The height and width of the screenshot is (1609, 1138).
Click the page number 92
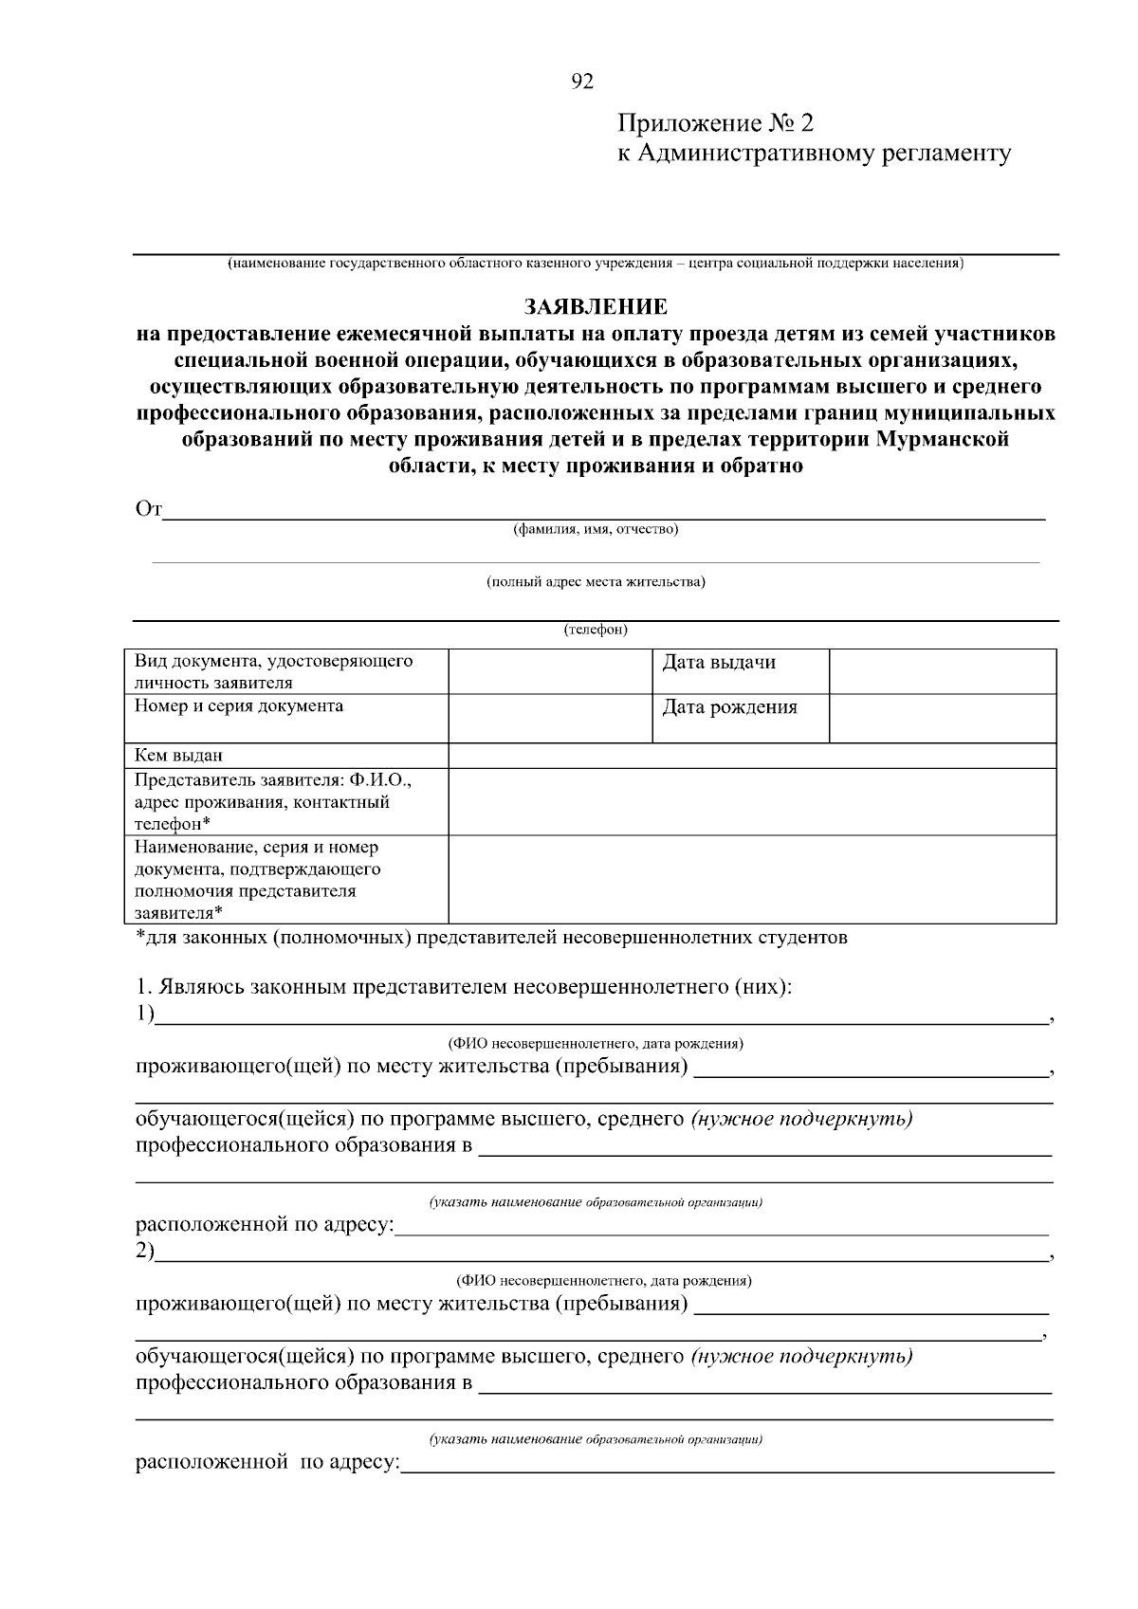pos(582,82)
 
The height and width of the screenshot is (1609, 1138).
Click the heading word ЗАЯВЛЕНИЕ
pos(596,307)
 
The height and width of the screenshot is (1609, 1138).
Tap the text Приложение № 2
pos(715,124)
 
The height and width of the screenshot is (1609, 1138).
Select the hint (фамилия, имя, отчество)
pos(596,529)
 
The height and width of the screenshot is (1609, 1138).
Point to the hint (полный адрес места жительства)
pos(596,582)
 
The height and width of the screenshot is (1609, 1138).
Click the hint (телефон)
pos(596,630)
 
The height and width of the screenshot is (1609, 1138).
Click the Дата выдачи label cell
pos(740,671)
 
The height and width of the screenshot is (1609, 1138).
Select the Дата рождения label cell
pos(740,718)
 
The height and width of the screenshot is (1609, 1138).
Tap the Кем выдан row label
pos(179,756)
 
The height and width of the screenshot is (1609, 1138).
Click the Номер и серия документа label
pos(239,706)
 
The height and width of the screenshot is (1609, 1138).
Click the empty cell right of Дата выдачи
pos(943,671)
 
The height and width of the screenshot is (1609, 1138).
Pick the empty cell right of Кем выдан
pos(751,756)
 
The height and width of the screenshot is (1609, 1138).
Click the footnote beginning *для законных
pos(491,939)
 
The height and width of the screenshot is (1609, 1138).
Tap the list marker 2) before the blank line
pos(144,1252)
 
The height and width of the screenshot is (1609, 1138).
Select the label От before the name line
pos(149,510)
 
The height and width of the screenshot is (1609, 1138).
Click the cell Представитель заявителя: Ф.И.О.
pos(273,780)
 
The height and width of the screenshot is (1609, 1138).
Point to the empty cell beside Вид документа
pos(548,671)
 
